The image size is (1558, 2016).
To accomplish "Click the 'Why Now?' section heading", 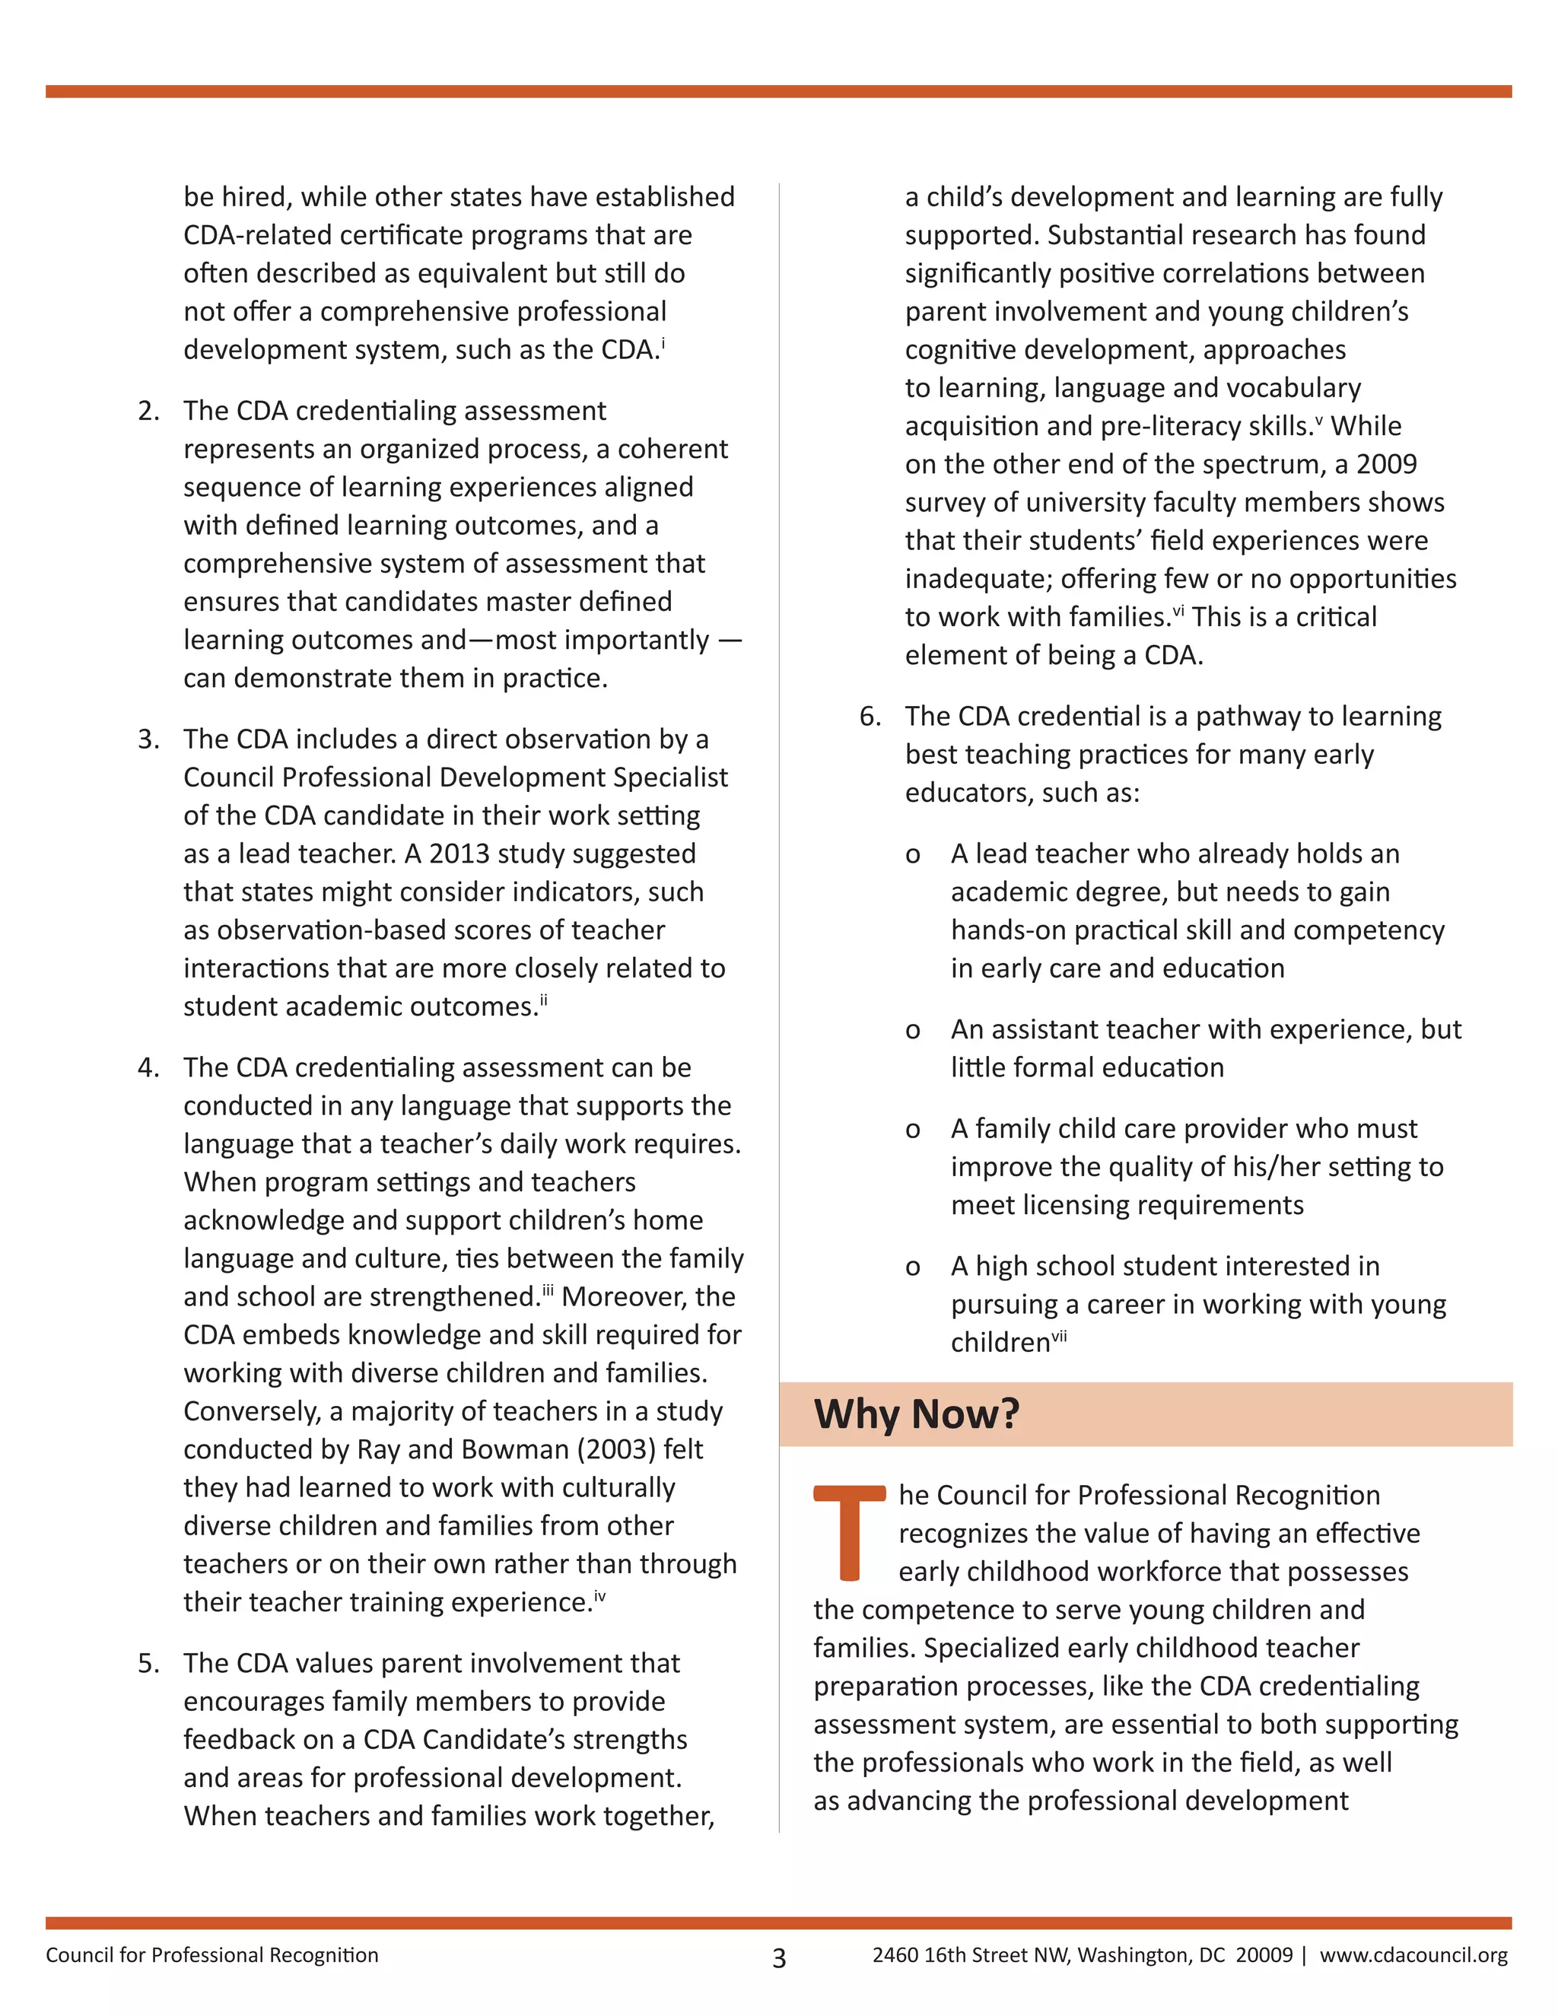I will coord(916,1413).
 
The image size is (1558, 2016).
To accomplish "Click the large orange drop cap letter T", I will coord(849,1531).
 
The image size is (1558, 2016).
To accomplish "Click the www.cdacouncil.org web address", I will coord(1413,1954).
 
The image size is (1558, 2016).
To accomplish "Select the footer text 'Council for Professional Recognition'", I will coord(212,1954).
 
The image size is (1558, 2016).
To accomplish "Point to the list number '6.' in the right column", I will coord(870,717).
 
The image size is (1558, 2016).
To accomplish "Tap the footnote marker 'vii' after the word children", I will coord(1059,1336).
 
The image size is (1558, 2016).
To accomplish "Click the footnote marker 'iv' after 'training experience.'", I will coord(600,1595).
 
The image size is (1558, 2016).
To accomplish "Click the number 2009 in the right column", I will coord(1386,464).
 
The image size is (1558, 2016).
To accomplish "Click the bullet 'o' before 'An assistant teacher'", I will coord(913,1031).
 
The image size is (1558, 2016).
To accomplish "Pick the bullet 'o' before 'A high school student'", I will coord(913,1267).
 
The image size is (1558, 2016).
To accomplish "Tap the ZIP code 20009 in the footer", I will coord(1264,1954).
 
